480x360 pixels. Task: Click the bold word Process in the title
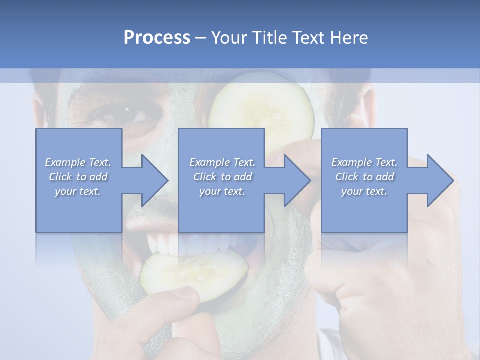[157, 38]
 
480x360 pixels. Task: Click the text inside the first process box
[78, 177]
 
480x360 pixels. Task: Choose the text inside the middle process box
[222, 177]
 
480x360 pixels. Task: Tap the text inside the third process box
[364, 177]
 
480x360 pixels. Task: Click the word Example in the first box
[65, 162]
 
